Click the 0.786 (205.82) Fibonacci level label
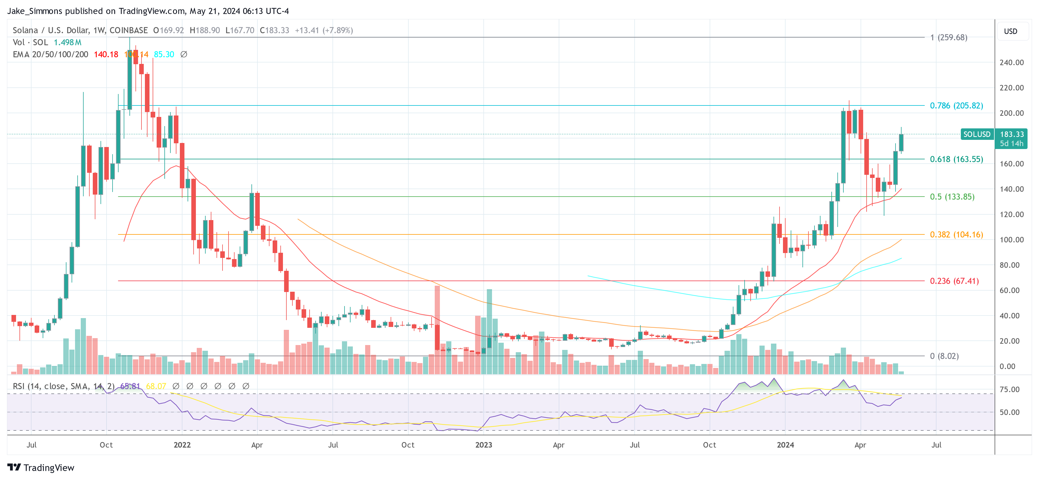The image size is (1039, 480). click(956, 106)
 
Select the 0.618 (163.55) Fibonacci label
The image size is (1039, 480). click(956, 159)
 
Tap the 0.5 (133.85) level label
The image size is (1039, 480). click(952, 197)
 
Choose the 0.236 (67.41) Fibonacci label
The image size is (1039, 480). click(954, 281)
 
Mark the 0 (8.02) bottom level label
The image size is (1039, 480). click(944, 356)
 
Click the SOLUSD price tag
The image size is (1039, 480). click(977, 134)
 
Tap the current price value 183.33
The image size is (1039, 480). click(1011, 134)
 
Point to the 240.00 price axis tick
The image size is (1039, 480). click(1011, 62)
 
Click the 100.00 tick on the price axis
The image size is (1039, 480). click(1011, 240)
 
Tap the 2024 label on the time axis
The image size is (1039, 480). click(785, 445)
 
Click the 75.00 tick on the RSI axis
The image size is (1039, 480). click(1010, 389)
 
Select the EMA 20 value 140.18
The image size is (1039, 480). click(106, 54)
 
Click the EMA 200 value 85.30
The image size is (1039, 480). click(164, 54)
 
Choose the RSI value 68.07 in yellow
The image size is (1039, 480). click(156, 386)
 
